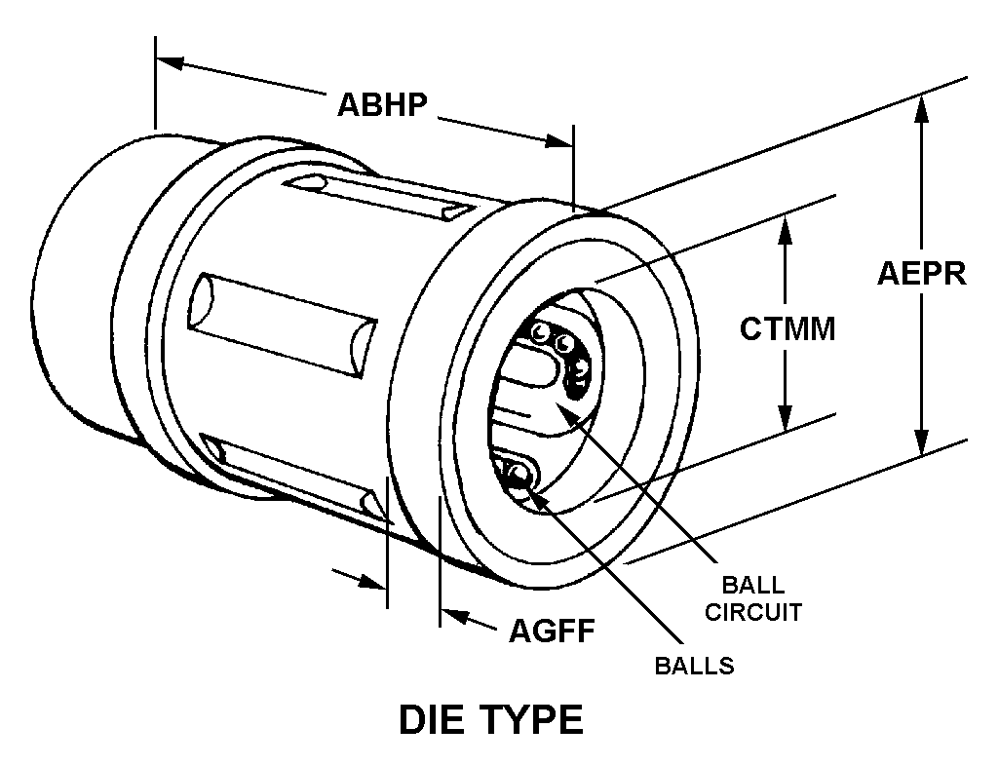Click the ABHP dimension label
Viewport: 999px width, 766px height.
tap(383, 103)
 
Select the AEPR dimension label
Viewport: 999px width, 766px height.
tap(921, 273)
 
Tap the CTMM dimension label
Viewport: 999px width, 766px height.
tap(788, 328)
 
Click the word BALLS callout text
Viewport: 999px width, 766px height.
tap(694, 667)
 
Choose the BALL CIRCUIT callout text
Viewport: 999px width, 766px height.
tap(753, 598)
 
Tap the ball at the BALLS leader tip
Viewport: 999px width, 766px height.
tap(520, 475)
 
